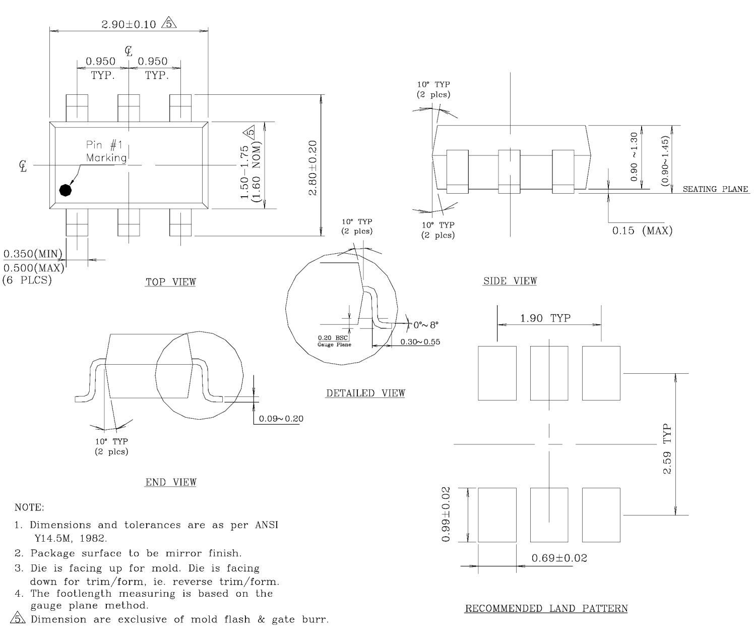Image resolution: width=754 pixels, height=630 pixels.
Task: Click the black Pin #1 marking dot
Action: click(x=66, y=190)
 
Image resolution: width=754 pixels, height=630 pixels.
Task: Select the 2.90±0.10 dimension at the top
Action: click(x=129, y=24)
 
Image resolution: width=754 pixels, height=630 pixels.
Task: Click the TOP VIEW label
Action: click(x=171, y=282)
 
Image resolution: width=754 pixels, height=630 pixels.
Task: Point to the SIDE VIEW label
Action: click(x=510, y=281)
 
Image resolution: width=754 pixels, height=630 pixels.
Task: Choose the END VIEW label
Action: click(x=171, y=482)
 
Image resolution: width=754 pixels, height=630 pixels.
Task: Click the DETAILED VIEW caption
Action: click(x=365, y=393)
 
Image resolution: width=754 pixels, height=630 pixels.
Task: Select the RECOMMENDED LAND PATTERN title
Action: click(x=546, y=608)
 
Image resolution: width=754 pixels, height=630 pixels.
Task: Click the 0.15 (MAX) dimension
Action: click(x=642, y=231)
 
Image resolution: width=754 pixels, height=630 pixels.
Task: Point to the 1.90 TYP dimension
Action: click(x=545, y=318)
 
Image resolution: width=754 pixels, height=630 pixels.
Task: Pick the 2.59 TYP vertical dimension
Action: click(x=667, y=449)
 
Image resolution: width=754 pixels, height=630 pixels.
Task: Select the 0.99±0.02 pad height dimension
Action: click(x=447, y=514)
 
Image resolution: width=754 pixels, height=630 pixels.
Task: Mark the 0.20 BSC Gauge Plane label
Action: click(x=334, y=341)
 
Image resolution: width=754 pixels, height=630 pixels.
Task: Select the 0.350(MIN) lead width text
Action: click(x=32, y=253)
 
